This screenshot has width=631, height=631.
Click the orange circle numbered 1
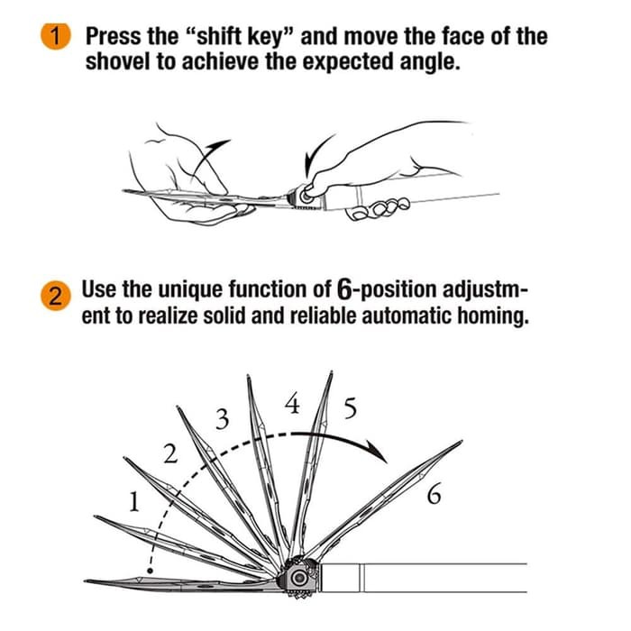coord(56,36)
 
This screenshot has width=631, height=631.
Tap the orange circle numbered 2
coord(56,297)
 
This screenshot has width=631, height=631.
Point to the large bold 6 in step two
coord(344,289)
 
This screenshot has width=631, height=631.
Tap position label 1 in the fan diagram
coord(134,502)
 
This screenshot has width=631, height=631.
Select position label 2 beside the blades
coord(170,453)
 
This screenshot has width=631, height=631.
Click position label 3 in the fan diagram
coord(223,419)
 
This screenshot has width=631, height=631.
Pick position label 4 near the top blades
coord(293,403)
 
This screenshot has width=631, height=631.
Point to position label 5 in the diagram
coord(351,407)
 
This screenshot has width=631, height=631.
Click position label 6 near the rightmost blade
coord(434,494)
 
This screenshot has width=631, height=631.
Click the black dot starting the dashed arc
coord(151,571)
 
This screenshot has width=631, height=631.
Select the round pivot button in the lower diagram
coord(299,579)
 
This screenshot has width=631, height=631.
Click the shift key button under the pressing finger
coord(305,196)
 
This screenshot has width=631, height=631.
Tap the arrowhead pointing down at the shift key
coord(309,168)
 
